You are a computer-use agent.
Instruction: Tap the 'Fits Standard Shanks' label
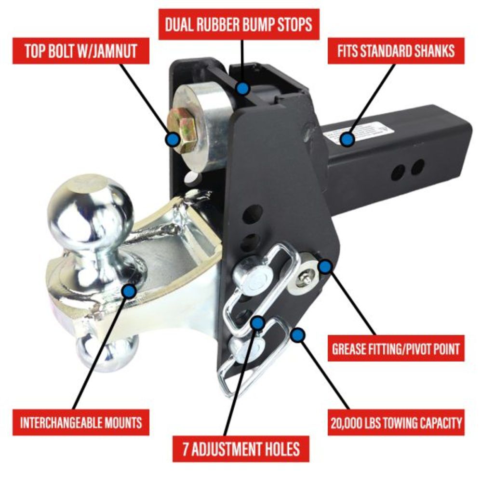pyautogui.click(x=396, y=51)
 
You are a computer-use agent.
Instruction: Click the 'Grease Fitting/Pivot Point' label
pyautogui.click(x=396, y=348)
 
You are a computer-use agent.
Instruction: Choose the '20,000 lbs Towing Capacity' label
pyautogui.click(x=396, y=423)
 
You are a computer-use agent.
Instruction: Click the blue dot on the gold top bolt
pyautogui.click(x=172, y=140)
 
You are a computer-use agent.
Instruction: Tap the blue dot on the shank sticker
pyautogui.click(x=347, y=140)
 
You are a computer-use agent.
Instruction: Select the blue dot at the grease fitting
pyautogui.click(x=326, y=266)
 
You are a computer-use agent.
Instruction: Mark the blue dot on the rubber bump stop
pyautogui.click(x=243, y=88)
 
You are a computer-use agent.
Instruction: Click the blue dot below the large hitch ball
pyautogui.click(x=128, y=291)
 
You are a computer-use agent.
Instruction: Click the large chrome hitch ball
pyautogui.click(x=92, y=212)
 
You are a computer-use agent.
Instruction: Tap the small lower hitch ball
pyautogui.click(x=104, y=352)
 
